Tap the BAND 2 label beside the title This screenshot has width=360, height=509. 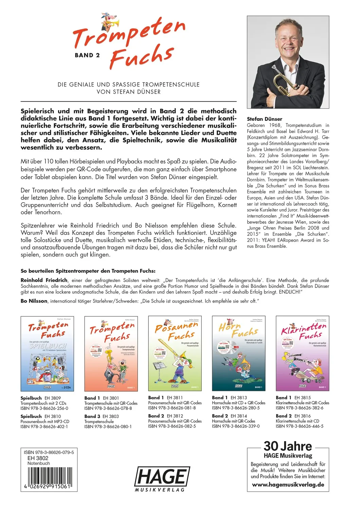click(x=87, y=55)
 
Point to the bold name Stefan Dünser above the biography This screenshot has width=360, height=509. click(x=264, y=119)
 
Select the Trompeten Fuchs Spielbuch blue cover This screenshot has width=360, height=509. click(x=47, y=354)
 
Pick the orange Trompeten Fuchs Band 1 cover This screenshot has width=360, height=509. click(x=111, y=354)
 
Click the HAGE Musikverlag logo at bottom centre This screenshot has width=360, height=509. click(x=162, y=478)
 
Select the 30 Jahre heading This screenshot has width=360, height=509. click(x=288, y=446)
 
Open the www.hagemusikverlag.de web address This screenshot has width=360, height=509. click(x=288, y=485)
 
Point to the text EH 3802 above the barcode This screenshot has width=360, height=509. click(x=38, y=458)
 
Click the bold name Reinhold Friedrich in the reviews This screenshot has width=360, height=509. click(x=44, y=280)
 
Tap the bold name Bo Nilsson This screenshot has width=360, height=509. click(x=34, y=301)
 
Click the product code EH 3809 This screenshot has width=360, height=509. click(x=53, y=398)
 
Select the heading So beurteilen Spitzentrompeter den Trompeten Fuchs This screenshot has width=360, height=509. click(x=88, y=271)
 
